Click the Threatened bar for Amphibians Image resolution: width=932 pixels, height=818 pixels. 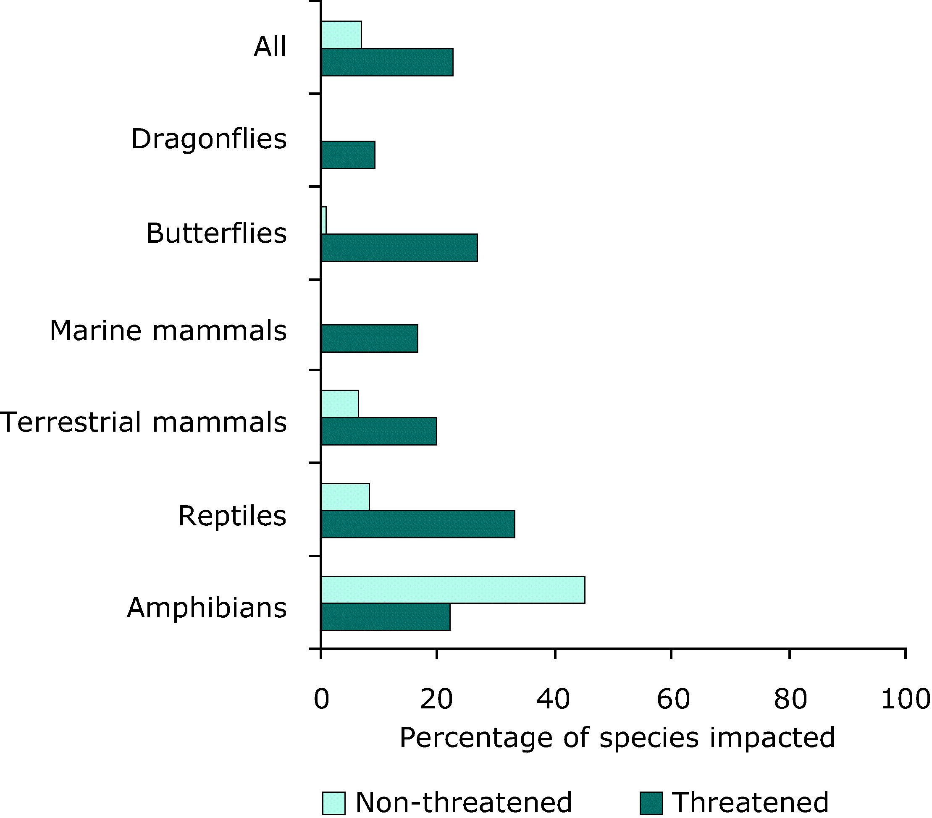pos(385,617)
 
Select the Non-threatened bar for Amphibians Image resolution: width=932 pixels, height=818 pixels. pos(453,590)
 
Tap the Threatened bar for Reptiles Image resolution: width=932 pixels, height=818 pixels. pos(417,524)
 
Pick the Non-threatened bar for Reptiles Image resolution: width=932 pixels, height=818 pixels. pos(345,496)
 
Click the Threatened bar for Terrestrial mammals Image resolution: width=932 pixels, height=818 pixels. pos(379,431)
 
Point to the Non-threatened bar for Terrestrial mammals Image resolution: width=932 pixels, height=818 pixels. pos(340,404)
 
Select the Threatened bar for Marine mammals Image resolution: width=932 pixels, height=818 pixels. pos(369,338)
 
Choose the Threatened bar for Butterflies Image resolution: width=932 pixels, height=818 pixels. pos(399,248)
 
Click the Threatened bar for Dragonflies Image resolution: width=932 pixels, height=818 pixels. pos(348,155)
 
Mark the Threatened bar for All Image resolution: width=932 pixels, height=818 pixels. pos(387,62)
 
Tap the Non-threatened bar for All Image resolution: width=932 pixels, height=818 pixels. pos(341,35)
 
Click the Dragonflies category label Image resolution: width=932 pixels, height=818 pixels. pos(209,139)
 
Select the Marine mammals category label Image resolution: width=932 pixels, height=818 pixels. pos(168,330)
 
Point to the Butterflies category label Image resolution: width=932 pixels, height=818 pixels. pos(216,233)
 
